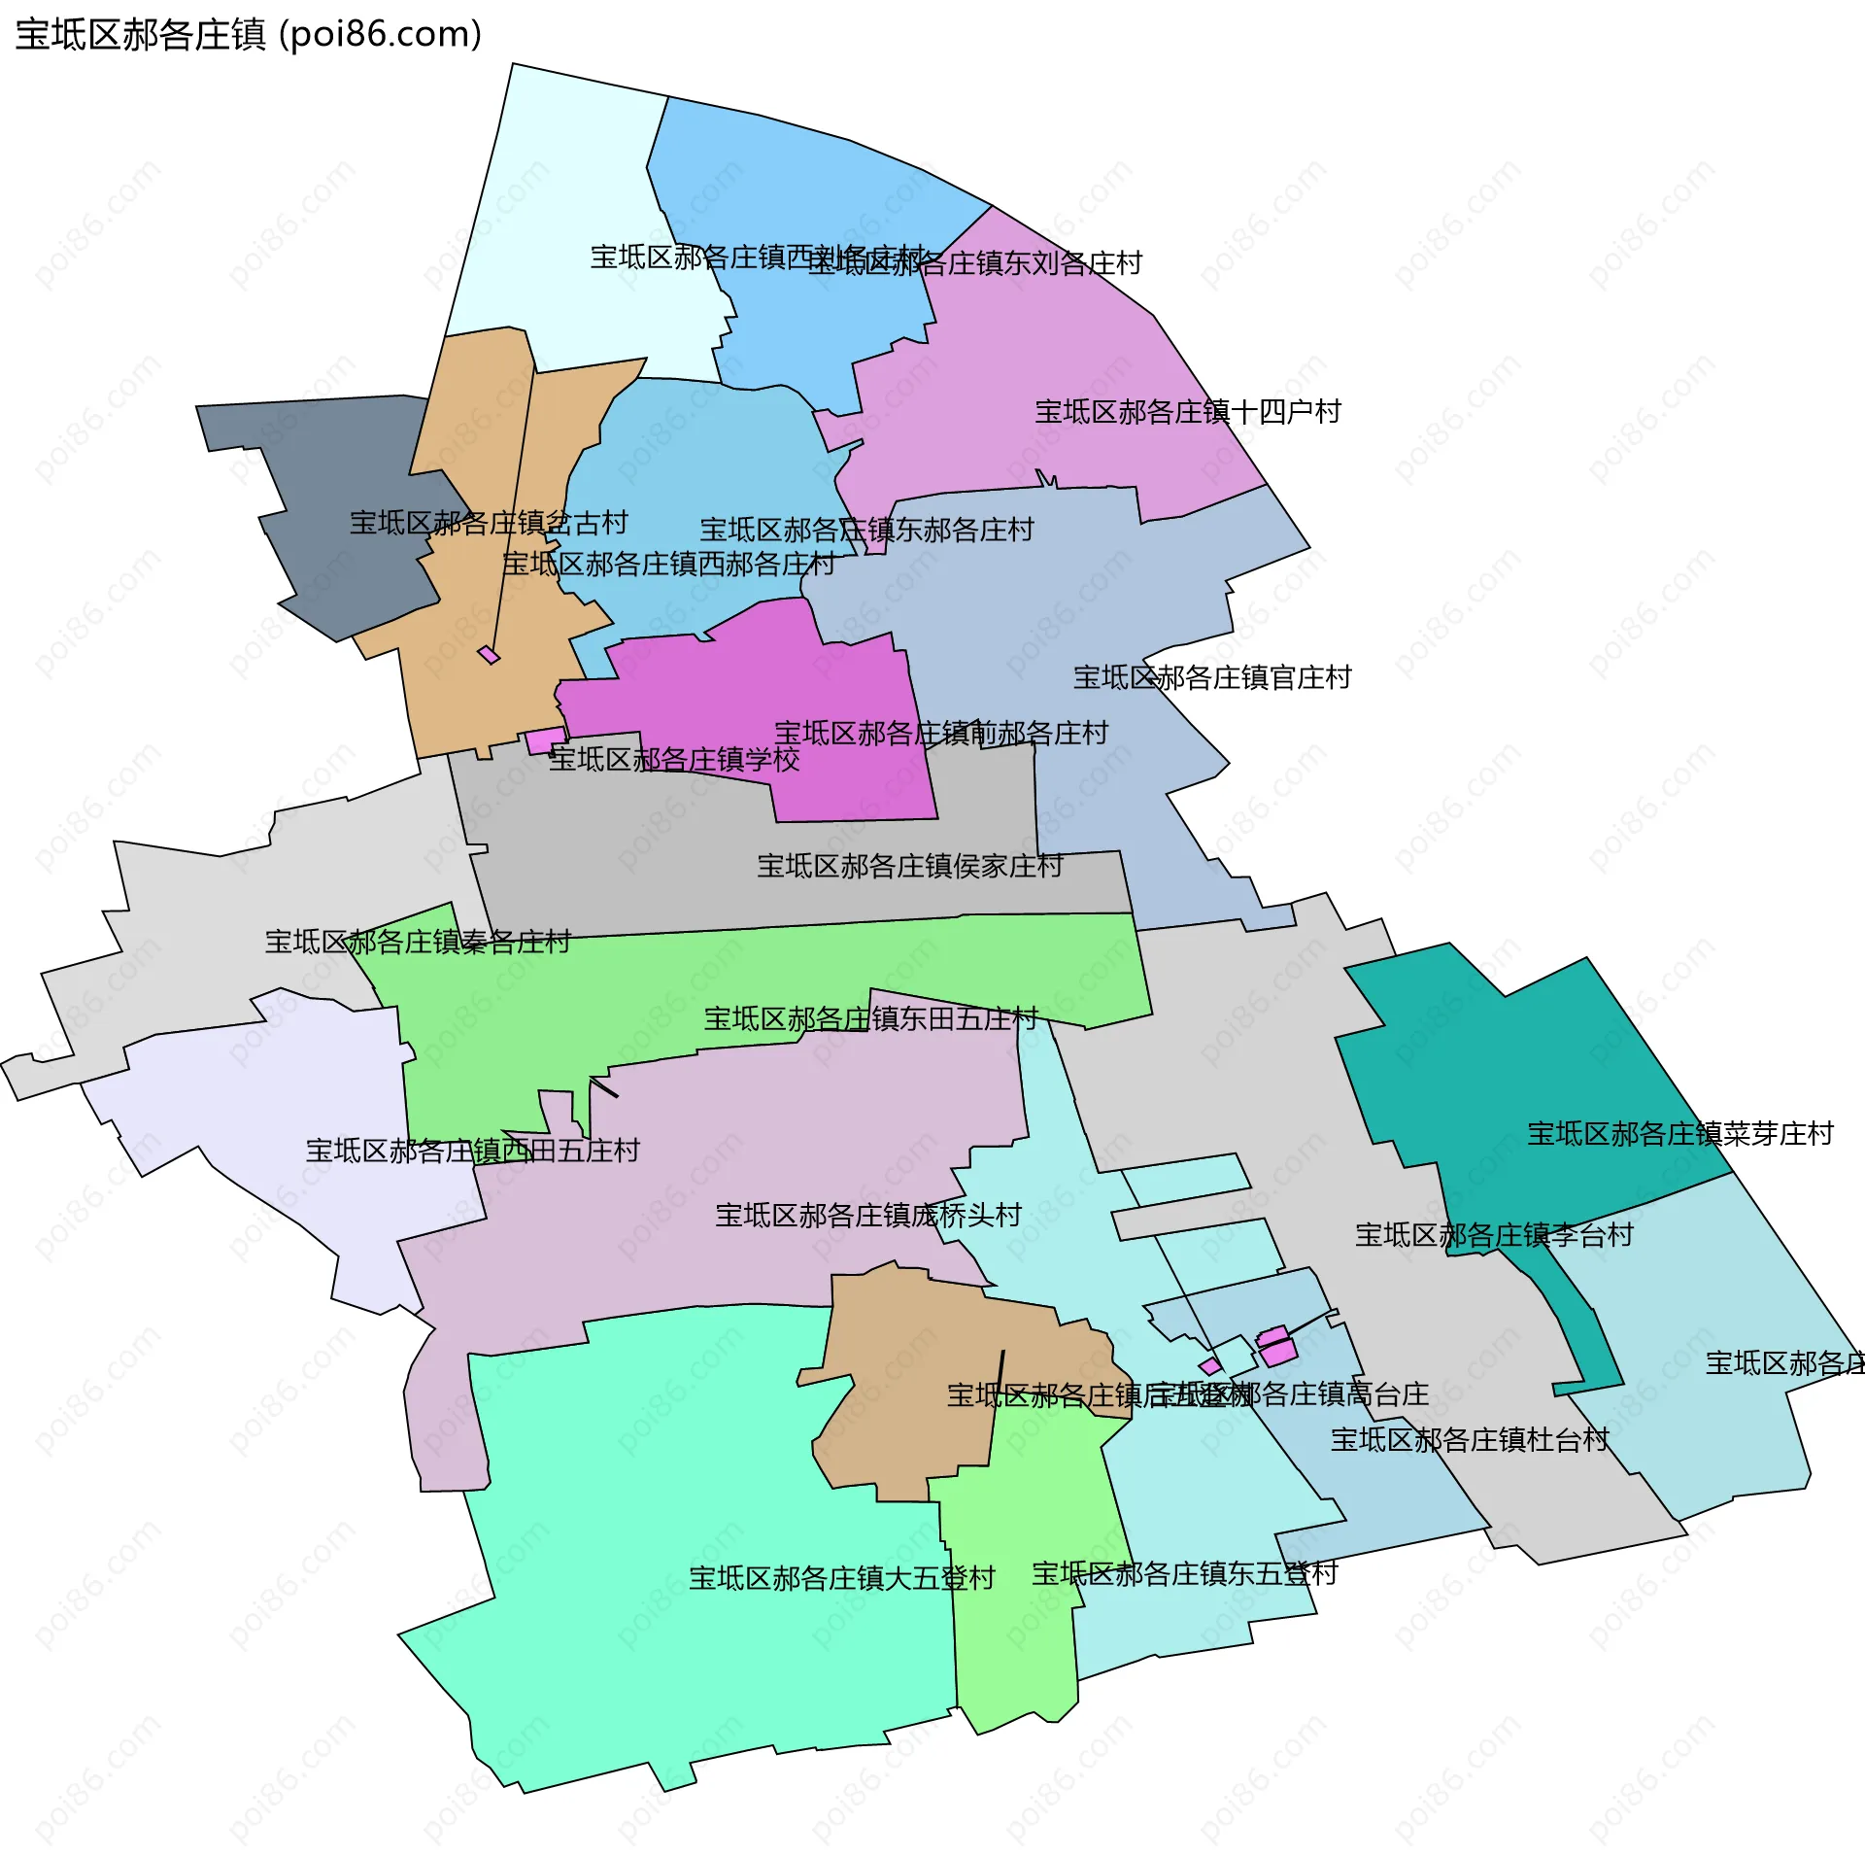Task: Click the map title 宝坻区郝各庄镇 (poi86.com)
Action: pos(249,35)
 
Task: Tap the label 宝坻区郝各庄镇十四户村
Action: pos(1187,412)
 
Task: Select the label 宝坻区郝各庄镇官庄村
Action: pos(1212,677)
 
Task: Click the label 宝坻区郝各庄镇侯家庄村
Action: pos(910,866)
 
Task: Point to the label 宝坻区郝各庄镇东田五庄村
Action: pos(871,1018)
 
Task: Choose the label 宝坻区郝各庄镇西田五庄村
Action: pos(472,1151)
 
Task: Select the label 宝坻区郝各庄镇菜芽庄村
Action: pos(1680,1133)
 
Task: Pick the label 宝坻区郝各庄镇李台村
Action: pos(1494,1235)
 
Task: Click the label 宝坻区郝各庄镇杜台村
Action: pos(1470,1439)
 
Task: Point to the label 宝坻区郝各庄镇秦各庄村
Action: pos(418,942)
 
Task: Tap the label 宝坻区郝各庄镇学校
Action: pos(674,759)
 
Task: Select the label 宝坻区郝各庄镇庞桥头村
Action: pos(868,1215)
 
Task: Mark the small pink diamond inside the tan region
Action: pos(489,655)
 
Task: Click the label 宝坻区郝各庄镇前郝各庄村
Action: pos(941,733)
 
